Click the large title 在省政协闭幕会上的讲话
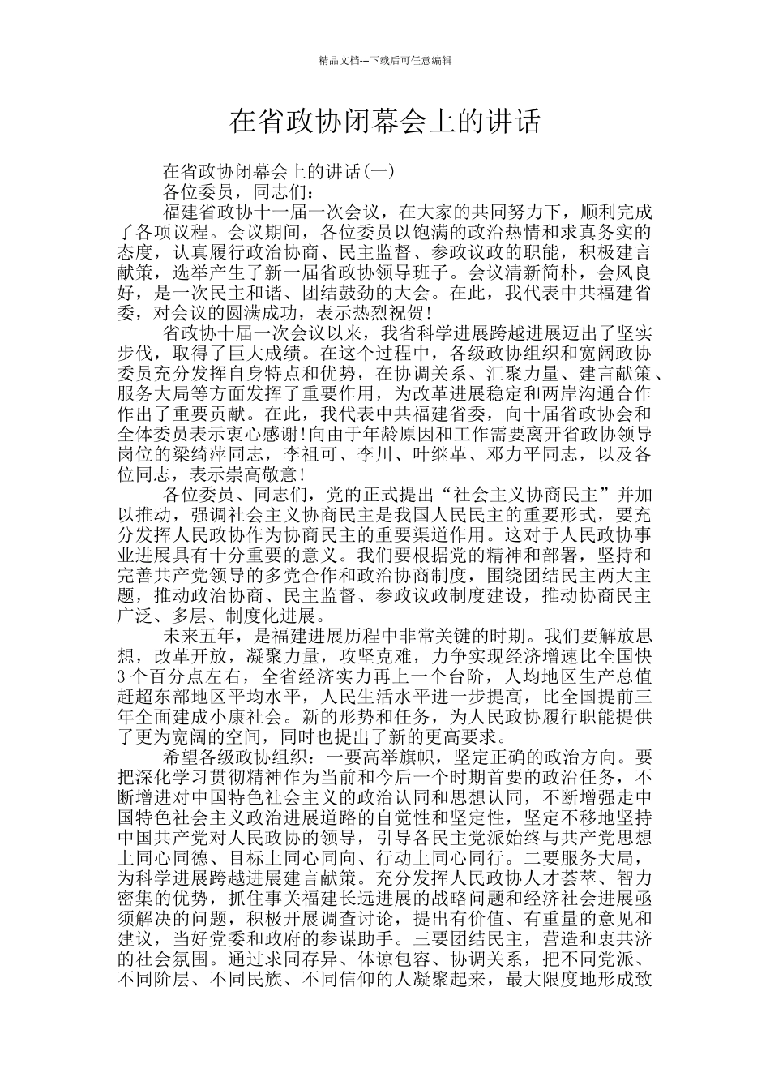tap(384, 122)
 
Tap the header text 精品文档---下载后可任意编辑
tap(385, 61)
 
